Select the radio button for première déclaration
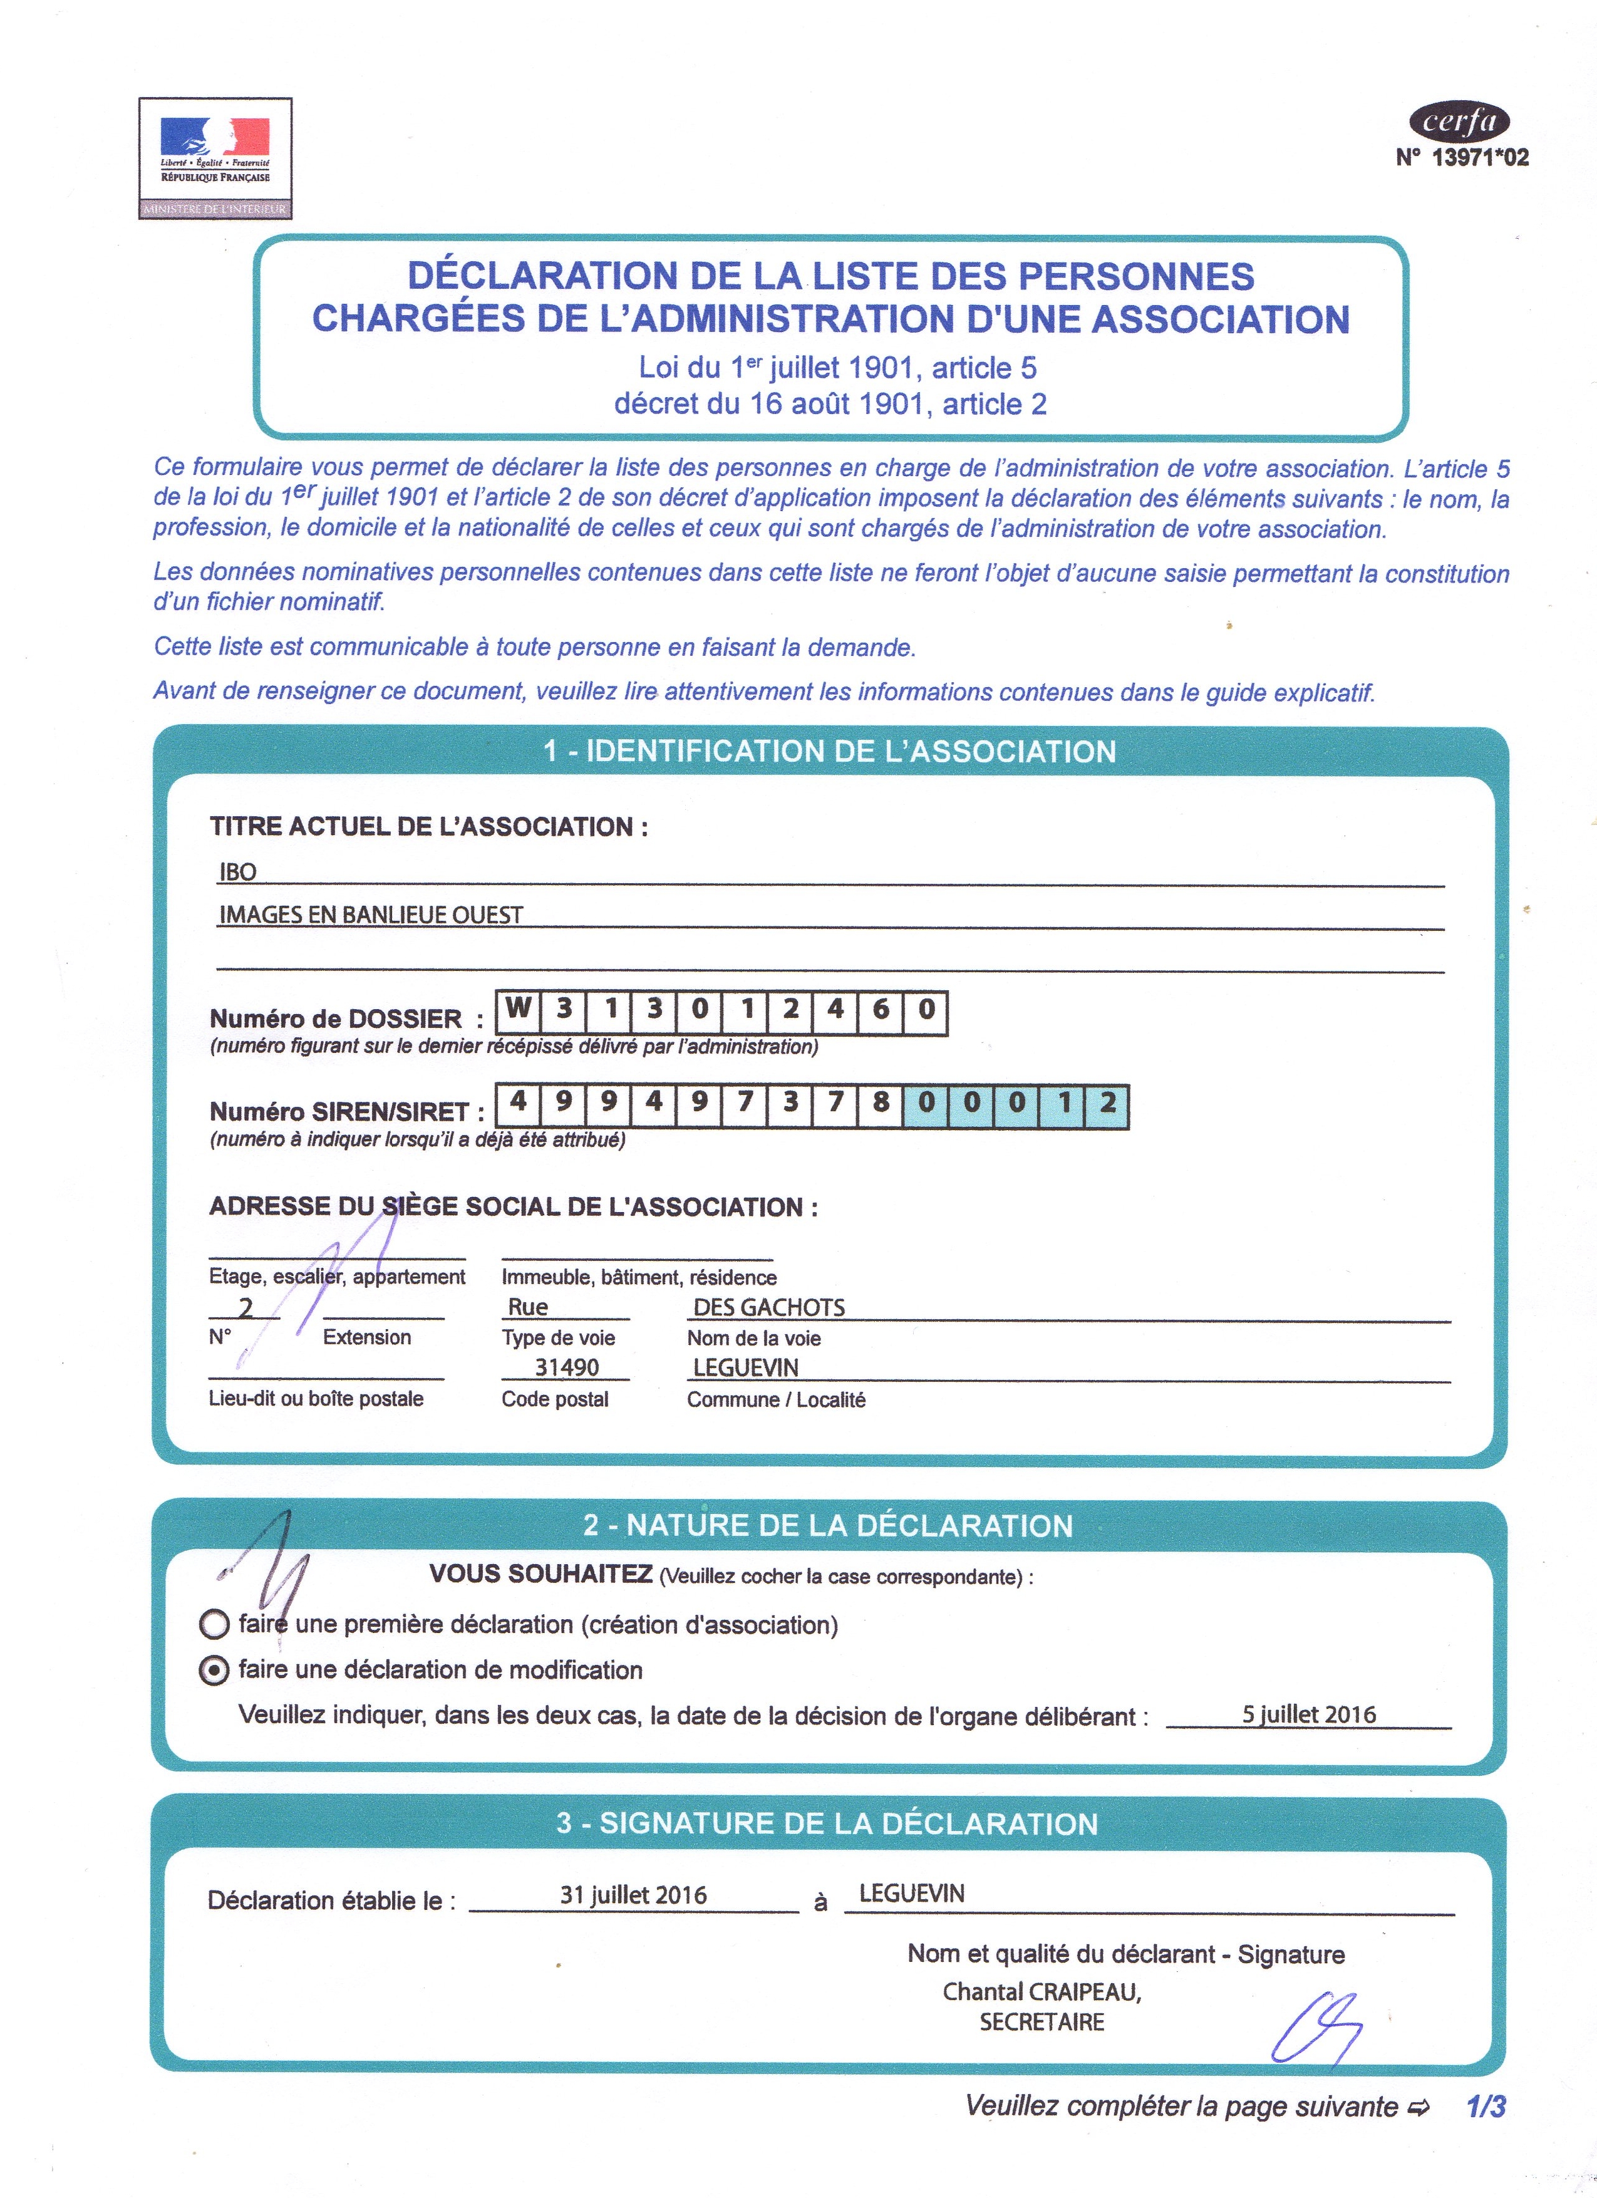pyautogui.click(x=213, y=1624)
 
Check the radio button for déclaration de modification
pyautogui.click(x=213, y=1671)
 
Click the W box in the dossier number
pyautogui.click(x=519, y=1010)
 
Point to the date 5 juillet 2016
pyautogui.click(x=1308, y=1713)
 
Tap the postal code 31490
pyautogui.click(x=567, y=1367)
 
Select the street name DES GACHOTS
pyautogui.click(x=768, y=1307)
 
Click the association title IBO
pyautogui.click(x=237, y=871)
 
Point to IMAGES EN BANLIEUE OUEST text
pyautogui.click(x=371, y=915)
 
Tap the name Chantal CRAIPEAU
pyautogui.click(x=1041, y=1991)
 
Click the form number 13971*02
pyautogui.click(x=1462, y=157)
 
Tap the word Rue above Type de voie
pyautogui.click(x=528, y=1307)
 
